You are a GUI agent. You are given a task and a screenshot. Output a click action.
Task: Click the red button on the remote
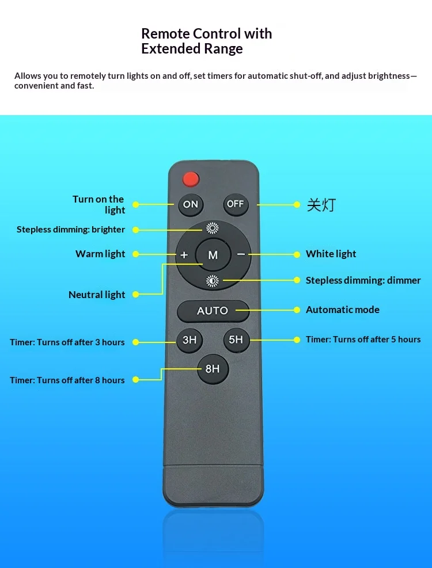tap(191, 179)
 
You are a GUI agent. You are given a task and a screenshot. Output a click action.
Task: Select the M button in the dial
tap(213, 255)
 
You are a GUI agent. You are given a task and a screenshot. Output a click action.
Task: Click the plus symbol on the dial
tap(184, 255)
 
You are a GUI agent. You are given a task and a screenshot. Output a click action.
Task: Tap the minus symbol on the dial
tap(241, 254)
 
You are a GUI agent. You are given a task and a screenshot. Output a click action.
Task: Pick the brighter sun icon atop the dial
tap(213, 228)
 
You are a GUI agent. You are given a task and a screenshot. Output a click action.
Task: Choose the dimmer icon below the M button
tap(213, 281)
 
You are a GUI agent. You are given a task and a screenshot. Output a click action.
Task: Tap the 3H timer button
tap(190, 340)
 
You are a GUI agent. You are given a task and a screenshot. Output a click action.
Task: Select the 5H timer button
tap(236, 340)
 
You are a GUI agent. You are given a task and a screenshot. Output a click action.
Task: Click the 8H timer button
tap(213, 369)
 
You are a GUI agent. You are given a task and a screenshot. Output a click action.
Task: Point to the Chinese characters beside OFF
tap(321, 205)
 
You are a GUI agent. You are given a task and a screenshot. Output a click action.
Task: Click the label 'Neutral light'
tap(97, 295)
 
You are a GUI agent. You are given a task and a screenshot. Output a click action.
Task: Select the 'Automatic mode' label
tap(343, 310)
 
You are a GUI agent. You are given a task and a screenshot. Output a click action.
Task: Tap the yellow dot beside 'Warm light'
tap(136, 254)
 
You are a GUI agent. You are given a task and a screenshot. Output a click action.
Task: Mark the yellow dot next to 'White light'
tap(297, 255)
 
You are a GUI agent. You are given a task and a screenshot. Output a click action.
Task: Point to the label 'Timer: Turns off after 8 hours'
tap(67, 380)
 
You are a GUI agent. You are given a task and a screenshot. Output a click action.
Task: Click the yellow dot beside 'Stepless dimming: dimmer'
tap(297, 280)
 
